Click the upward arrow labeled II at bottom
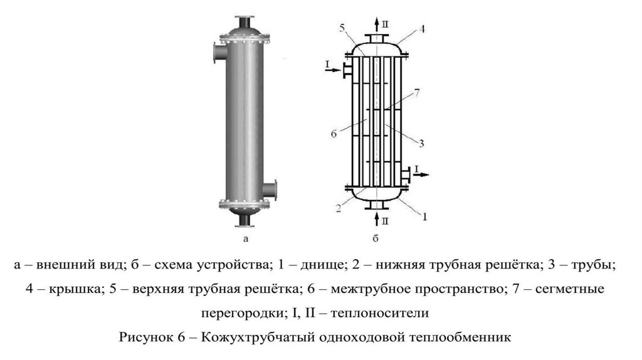coord(376,218)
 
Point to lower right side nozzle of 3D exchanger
coord(270,188)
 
